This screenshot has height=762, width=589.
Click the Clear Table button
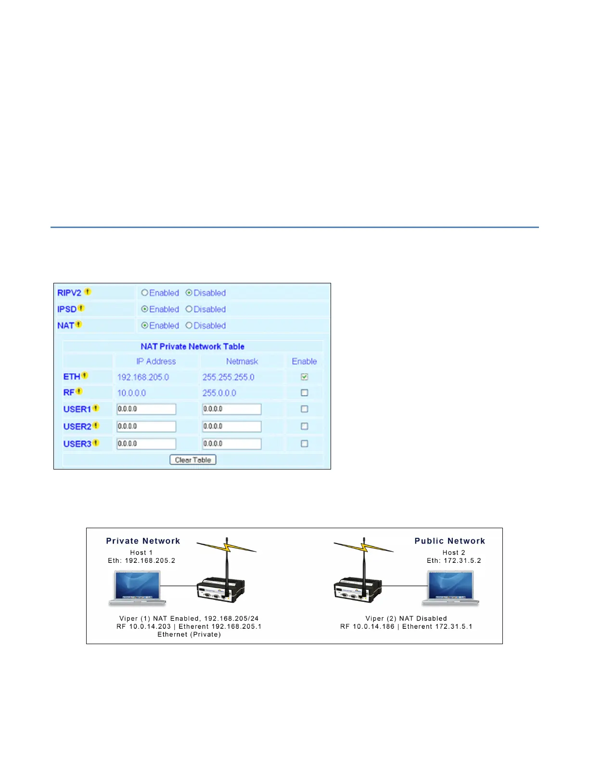click(x=193, y=460)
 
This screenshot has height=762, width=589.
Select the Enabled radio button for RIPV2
click(x=144, y=292)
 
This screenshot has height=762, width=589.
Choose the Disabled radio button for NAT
click(x=189, y=325)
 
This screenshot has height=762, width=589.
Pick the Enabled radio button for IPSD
click(x=144, y=309)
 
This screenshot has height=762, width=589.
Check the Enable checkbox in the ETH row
click(x=304, y=377)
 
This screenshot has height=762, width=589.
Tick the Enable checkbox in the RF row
click(x=304, y=393)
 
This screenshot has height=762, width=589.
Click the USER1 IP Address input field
click(x=146, y=409)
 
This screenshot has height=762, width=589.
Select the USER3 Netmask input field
click(x=231, y=444)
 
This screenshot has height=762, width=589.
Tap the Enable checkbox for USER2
click(x=304, y=426)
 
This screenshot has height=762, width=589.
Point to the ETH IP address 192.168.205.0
click(x=143, y=377)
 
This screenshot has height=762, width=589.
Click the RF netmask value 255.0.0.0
click(x=219, y=393)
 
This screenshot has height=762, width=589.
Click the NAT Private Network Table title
click(x=192, y=346)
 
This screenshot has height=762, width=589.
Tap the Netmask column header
click(x=242, y=361)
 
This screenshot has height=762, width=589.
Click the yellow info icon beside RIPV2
click(x=88, y=292)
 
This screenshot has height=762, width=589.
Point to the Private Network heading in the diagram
click(x=143, y=541)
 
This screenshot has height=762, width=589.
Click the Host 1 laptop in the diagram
click(x=137, y=587)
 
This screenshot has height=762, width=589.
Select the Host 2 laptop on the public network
click(x=451, y=587)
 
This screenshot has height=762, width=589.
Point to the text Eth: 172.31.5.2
click(x=454, y=560)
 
